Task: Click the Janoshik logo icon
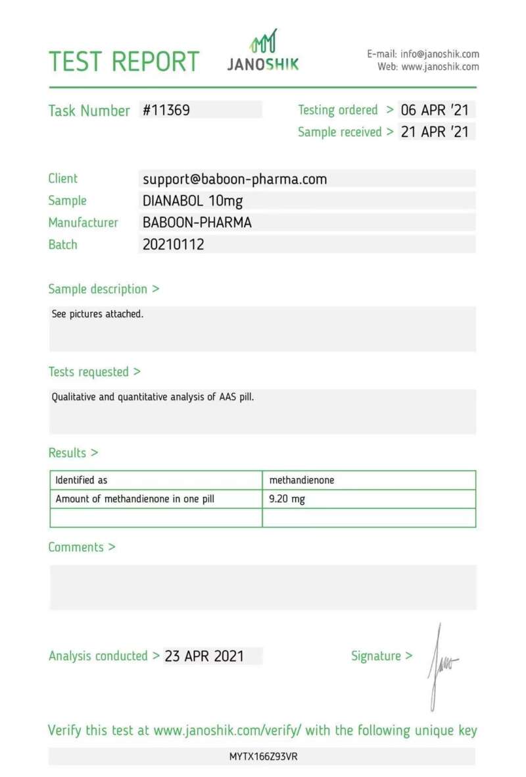tap(263, 42)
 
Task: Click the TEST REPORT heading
tap(124, 61)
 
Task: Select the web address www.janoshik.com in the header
tap(440, 67)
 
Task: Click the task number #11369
tap(166, 110)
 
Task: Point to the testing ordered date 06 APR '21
tap(435, 110)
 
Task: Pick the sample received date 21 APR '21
tap(435, 132)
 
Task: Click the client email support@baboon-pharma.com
tap(235, 178)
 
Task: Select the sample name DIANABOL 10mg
tap(193, 201)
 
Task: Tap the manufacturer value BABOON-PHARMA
tap(197, 223)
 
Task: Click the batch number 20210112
tap(174, 244)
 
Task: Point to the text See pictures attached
tap(97, 314)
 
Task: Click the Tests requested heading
tap(94, 372)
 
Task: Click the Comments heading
tap(82, 547)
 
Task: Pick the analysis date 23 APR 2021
tap(204, 656)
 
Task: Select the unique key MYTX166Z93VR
tap(263, 757)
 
